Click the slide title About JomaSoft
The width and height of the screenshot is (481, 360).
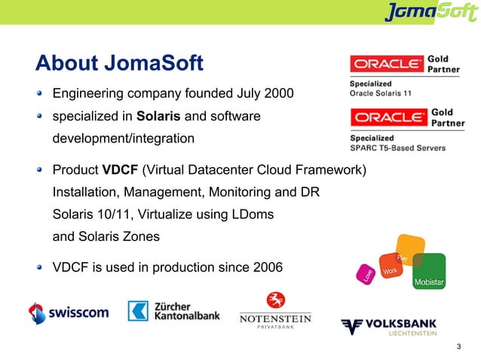point(120,63)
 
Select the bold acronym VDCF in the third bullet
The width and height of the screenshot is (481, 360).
point(119,170)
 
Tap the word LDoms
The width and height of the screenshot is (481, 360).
point(251,215)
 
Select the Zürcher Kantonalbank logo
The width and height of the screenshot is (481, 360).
point(174,311)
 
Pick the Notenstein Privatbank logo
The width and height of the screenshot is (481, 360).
point(274,312)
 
